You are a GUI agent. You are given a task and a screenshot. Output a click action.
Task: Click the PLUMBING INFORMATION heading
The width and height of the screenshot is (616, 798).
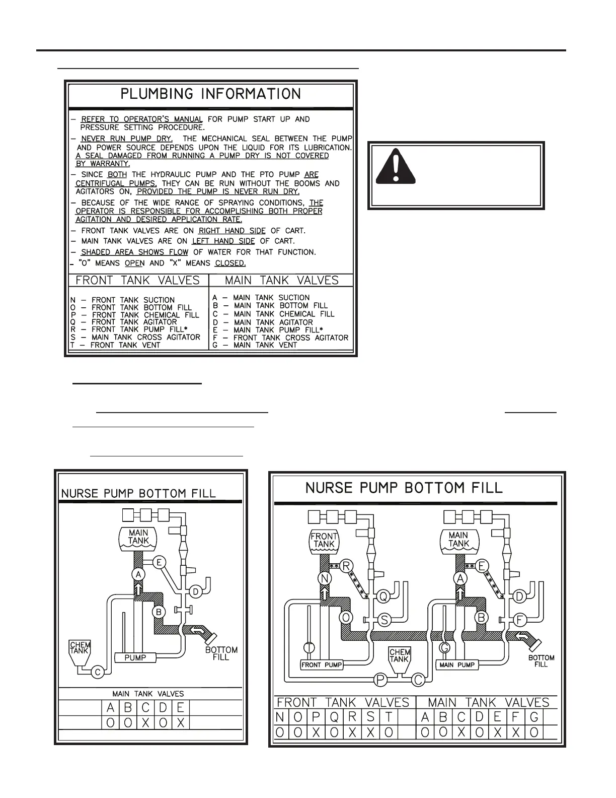click(210, 94)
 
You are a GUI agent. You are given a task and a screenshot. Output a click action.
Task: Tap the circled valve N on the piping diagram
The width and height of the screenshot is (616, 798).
click(325, 579)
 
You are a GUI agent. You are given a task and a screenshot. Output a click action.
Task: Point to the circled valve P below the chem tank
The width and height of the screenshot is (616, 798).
click(381, 680)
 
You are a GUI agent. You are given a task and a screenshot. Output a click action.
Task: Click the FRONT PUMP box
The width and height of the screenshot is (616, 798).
click(322, 665)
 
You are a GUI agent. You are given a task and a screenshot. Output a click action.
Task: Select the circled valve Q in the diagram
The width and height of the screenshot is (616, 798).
click(383, 596)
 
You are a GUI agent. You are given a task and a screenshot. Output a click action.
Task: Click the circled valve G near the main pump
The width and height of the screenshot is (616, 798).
click(444, 648)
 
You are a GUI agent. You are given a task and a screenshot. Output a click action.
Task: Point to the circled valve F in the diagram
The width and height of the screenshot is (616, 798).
click(520, 619)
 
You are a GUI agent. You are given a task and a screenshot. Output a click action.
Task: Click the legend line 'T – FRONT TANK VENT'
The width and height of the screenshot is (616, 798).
click(116, 345)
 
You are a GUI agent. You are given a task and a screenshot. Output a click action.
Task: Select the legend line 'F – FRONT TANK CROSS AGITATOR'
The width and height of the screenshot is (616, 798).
click(280, 338)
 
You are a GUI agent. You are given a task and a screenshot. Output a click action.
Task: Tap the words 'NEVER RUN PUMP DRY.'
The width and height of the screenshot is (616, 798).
click(127, 139)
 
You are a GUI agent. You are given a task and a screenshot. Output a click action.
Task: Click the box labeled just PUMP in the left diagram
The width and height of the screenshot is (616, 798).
click(135, 657)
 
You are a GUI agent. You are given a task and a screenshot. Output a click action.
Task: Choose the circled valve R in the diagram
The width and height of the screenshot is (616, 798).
click(346, 566)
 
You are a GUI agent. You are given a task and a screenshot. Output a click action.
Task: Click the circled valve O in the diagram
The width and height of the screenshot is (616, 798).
click(346, 618)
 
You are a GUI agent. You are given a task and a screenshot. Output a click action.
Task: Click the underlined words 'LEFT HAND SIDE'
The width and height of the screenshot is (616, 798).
click(223, 241)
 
